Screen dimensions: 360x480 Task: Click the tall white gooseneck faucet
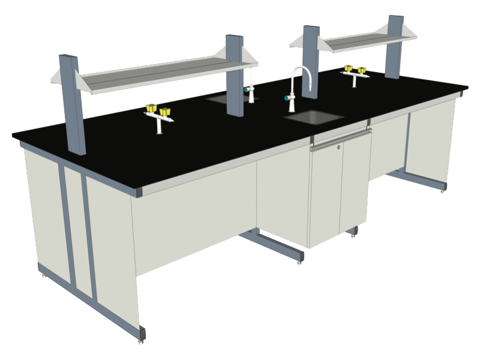coord(293,90)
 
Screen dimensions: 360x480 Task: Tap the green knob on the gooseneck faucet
coord(287,97)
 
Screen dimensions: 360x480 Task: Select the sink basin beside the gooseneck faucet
coord(314,116)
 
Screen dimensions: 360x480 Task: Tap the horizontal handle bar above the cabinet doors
coord(342,139)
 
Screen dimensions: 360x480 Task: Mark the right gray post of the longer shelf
coord(235,75)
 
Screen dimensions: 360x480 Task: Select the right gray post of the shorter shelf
coord(394,46)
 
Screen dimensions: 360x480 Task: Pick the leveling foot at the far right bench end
coord(443,190)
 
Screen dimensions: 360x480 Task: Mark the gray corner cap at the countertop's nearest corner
coord(139,192)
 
